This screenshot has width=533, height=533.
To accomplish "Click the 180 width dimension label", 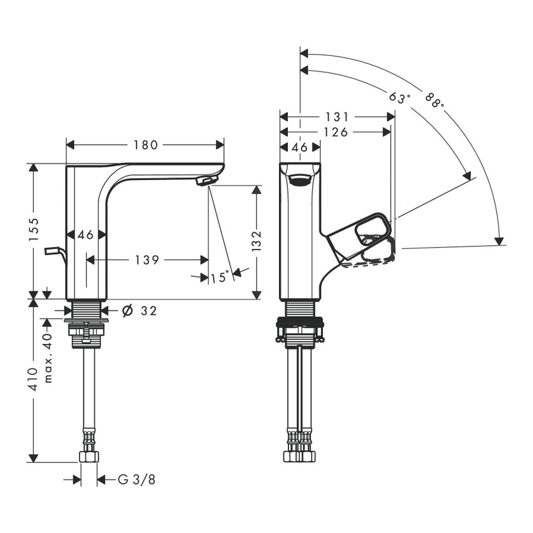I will coord(145,145).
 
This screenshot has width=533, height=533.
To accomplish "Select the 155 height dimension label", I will coord(34,230).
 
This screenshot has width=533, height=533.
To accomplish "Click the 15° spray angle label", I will coord(220,277).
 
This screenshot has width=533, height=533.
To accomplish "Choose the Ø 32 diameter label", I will coord(139,310).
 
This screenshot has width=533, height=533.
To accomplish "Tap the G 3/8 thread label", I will coord(136,480).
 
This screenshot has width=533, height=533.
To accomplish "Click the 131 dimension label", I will coord(337,117).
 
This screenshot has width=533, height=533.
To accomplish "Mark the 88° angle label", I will coord(433,100).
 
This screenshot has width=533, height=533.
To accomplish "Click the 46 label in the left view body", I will coord(86,235).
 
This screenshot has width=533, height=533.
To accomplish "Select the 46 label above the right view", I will coord(300,147).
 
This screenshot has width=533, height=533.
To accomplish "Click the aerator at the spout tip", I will coord(206,181).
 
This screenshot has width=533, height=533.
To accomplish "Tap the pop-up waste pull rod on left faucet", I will coord(55,252).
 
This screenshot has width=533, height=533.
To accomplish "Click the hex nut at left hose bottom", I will coord(88,456).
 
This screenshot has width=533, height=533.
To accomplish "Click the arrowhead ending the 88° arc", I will coord(500,241).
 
